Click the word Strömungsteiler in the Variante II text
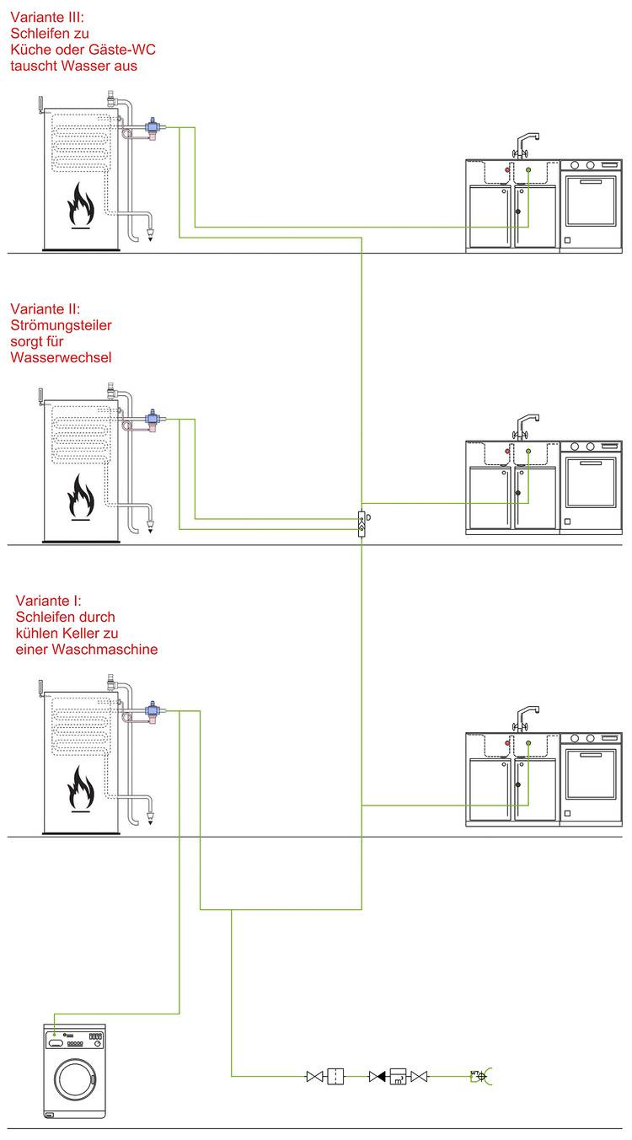pos(62,324)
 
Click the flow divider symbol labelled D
pos(362,523)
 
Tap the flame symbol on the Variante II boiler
pos(82,496)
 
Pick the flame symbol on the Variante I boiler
pos(82,789)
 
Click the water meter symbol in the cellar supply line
pos(398,1076)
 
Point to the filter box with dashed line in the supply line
pos(336,1076)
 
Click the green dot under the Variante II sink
pos(528,452)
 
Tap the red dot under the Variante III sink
pos(507,170)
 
